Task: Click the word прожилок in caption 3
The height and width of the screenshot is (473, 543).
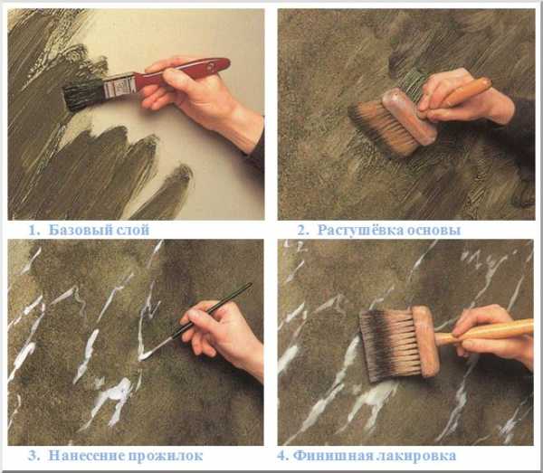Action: click(166, 456)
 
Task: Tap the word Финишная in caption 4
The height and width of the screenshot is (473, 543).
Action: click(332, 455)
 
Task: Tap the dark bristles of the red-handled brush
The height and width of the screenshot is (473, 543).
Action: click(83, 94)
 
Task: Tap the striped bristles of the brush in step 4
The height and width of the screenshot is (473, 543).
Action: click(389, 345)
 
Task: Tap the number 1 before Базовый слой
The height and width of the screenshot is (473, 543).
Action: click(33, 230)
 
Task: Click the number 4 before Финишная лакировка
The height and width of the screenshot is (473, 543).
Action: click(282, 455)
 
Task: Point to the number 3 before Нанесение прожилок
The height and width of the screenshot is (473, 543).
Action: click(33, 455)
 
